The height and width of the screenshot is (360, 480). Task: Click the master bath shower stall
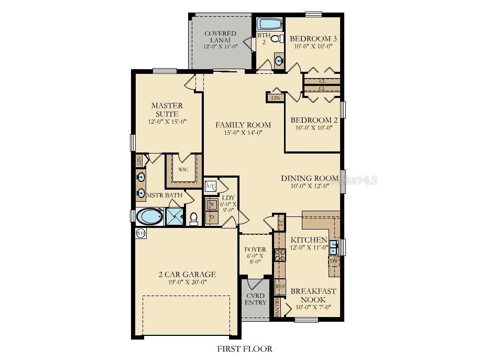[173, 216]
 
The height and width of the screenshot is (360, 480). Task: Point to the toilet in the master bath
[193, 217]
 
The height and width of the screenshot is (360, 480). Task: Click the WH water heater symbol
[140, 233]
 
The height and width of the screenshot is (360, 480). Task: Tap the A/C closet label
[211, 186]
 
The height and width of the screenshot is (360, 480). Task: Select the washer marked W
[212, 204]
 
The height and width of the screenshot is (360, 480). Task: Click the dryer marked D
[212, 217]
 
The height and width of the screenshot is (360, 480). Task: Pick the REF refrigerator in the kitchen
[280, 287]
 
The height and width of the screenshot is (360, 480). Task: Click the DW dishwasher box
[334, 260]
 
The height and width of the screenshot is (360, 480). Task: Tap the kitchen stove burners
[280, 255]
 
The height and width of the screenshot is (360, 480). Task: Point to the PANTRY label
[277, 307]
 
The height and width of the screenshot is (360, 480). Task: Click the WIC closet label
[182, 170]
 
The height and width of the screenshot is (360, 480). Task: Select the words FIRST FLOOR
[245, 348]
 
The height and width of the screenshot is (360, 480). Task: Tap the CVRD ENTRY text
[256, 299]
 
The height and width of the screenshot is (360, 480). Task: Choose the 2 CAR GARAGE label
[187, 274]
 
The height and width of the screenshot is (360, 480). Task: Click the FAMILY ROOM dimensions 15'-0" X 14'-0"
[244, 133]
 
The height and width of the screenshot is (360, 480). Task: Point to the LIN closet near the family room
[276, 97]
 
